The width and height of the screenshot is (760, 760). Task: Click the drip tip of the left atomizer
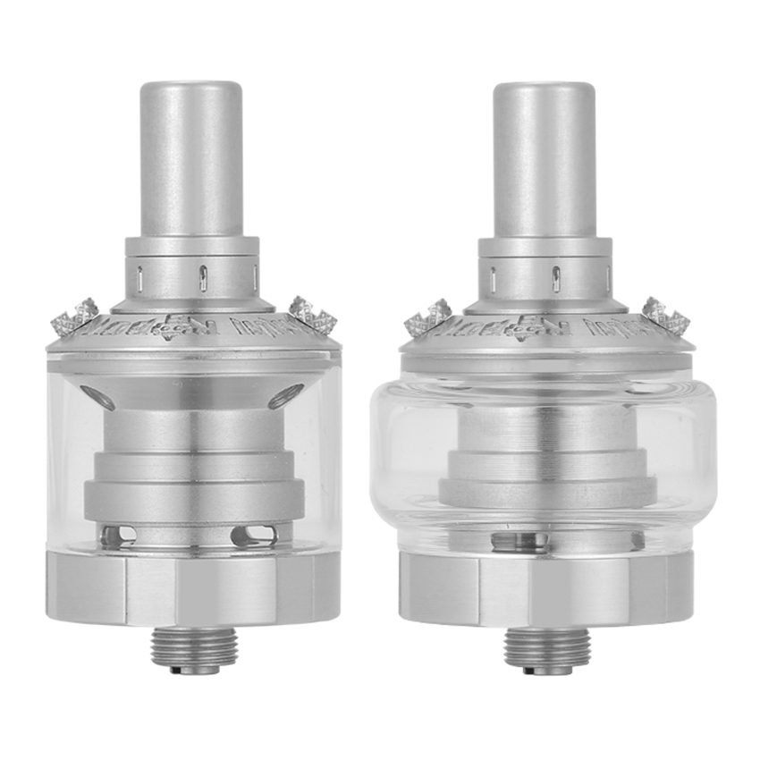tap(192, 161)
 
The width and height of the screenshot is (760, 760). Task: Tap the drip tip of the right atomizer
tap(545, 161)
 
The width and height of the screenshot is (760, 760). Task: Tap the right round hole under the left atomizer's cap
tap(284, 395)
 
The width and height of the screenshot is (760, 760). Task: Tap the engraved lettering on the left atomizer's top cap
tap(192, 324)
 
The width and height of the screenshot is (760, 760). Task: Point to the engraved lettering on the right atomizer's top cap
tap(545, 324)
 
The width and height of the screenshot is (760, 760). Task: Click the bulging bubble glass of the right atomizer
tap(402, 456)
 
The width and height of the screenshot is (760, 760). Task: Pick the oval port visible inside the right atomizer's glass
tap(511, 540)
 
